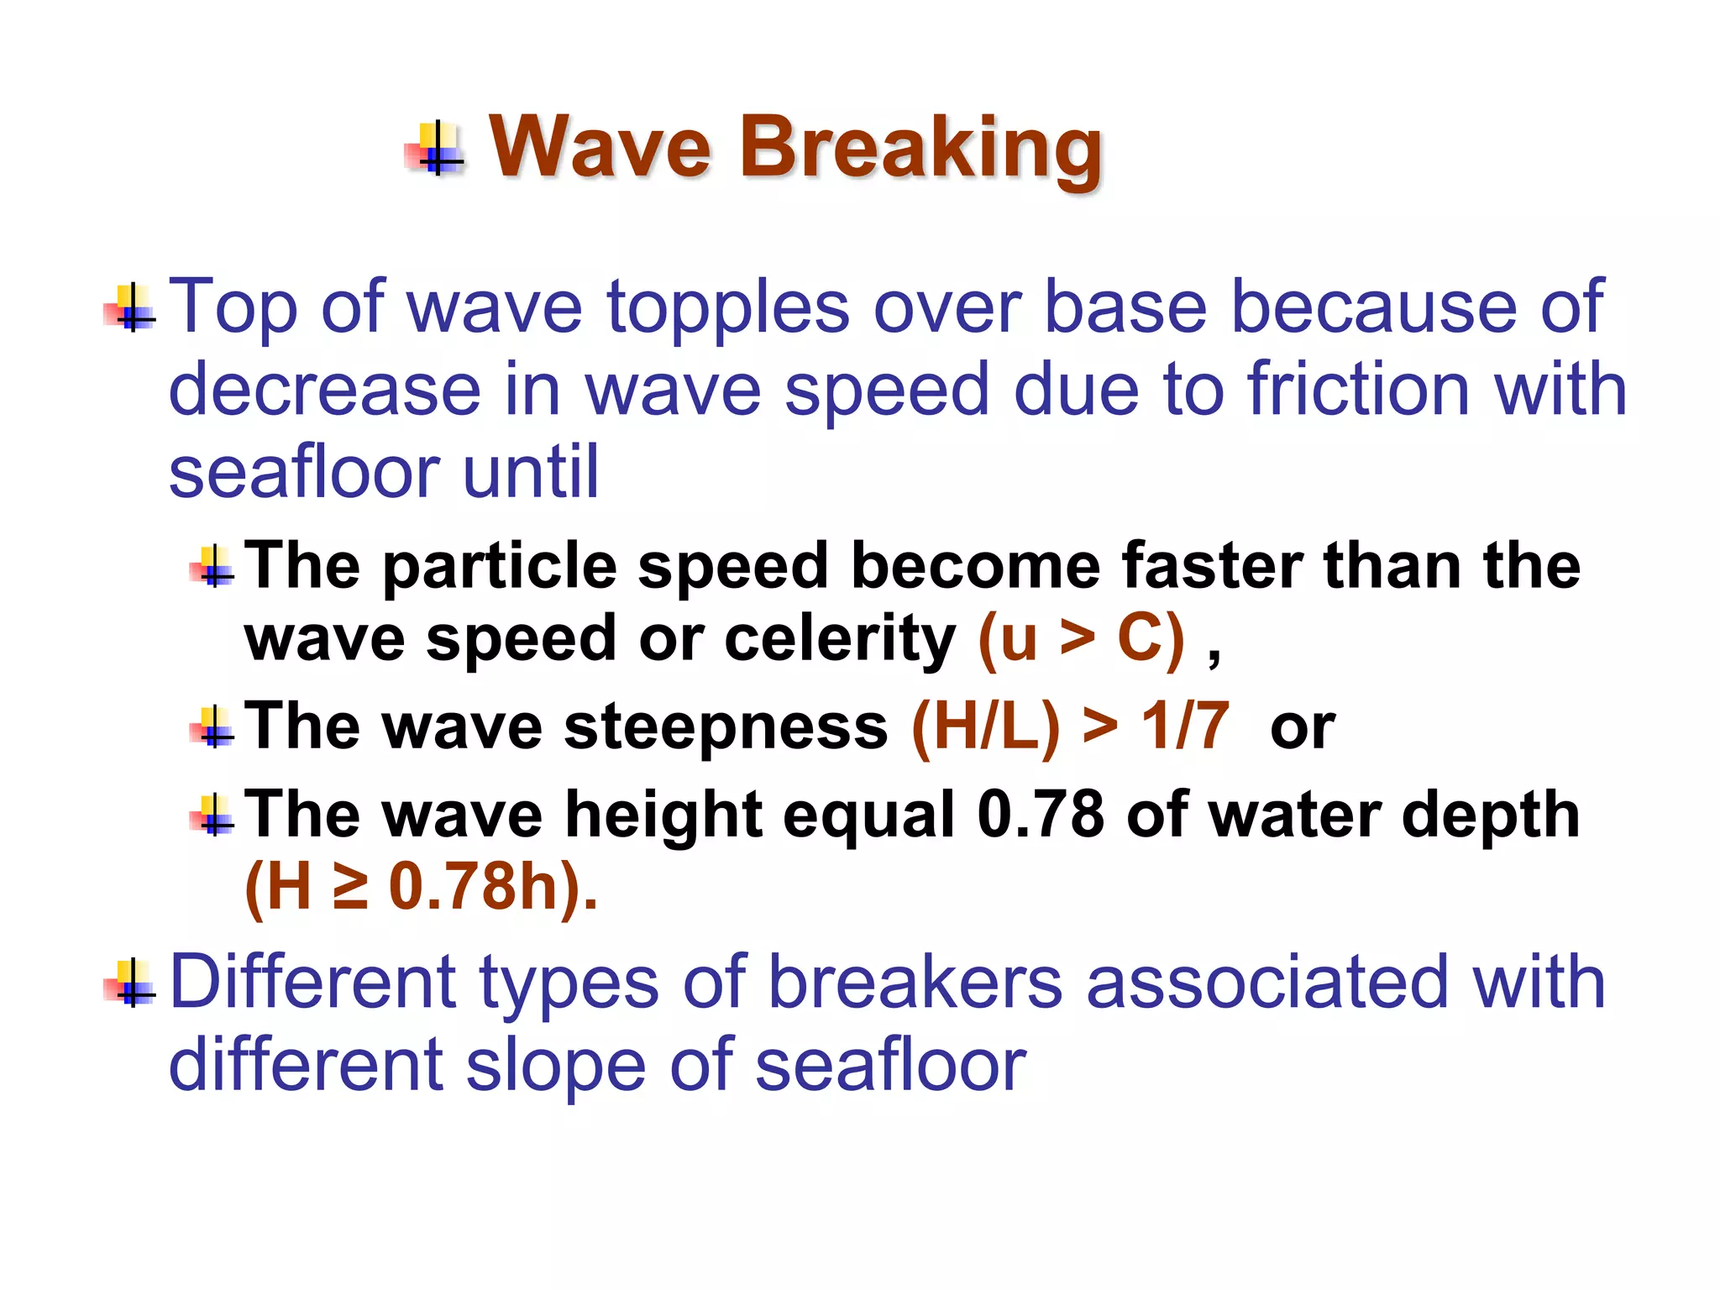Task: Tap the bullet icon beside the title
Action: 435,149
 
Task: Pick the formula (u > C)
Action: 1082,638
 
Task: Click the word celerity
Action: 840,638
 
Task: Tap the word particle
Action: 500,565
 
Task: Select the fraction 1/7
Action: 1185,726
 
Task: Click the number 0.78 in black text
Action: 1041,814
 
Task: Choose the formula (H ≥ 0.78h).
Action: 420,887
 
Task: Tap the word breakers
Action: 916,982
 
